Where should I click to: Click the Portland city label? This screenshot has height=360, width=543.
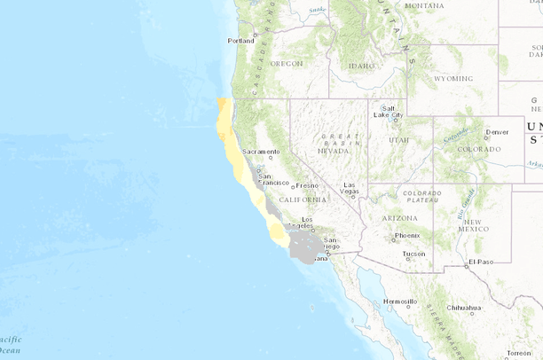[x=240, y=40]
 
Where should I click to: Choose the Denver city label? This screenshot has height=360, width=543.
[x=498, y=132]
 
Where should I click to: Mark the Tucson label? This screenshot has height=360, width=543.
[x=413, y=254]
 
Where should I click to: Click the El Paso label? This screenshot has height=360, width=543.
[x=481, y=262]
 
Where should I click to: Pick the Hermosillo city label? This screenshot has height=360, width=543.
[x=399, y=301]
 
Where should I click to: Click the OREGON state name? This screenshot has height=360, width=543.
[x=287, y=63]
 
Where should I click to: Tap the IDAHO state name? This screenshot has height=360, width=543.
[x=362, y=65]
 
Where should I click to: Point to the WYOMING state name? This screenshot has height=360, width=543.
[x=454, y=78]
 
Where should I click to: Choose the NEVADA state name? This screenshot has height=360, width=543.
[x=333, y=151]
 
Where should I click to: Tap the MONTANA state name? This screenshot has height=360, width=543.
[x=424, y=5]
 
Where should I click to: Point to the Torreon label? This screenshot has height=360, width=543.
[x=519, y=353]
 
